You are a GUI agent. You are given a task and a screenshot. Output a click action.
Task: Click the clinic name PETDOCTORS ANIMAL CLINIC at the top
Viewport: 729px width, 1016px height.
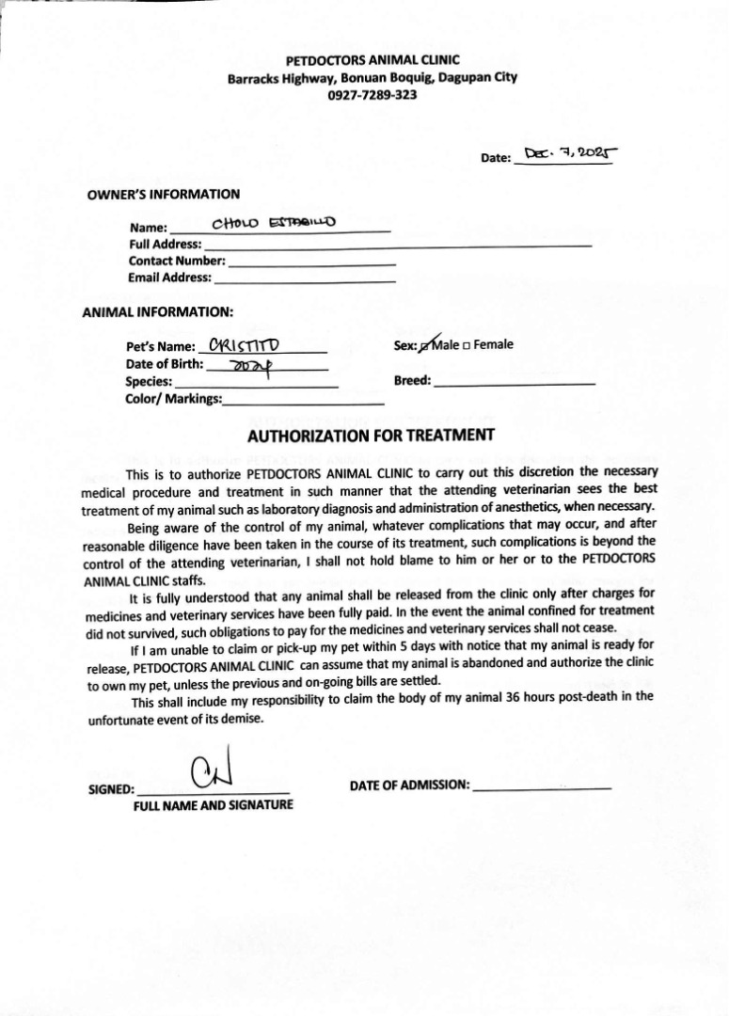tap(372, 59)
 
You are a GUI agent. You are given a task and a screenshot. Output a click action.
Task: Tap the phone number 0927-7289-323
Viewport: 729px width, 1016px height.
tap(372, 95)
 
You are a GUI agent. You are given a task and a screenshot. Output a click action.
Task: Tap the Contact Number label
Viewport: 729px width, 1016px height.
tap(177, 261)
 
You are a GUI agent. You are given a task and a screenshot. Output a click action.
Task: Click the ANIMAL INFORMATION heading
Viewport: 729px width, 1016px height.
tap(158, 310)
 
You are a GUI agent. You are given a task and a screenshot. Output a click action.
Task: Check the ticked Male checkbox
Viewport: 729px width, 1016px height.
tap(426, 345)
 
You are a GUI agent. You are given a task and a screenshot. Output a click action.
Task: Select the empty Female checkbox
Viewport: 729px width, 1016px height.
tap(467, 345)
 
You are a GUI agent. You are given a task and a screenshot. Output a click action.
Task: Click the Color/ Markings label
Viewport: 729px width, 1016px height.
tap(173, 399)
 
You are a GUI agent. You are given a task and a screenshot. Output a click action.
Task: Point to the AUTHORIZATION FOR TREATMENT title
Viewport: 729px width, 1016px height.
tap(371, 436)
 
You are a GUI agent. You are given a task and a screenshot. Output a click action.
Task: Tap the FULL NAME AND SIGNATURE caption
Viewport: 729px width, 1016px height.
tap(213, 805)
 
